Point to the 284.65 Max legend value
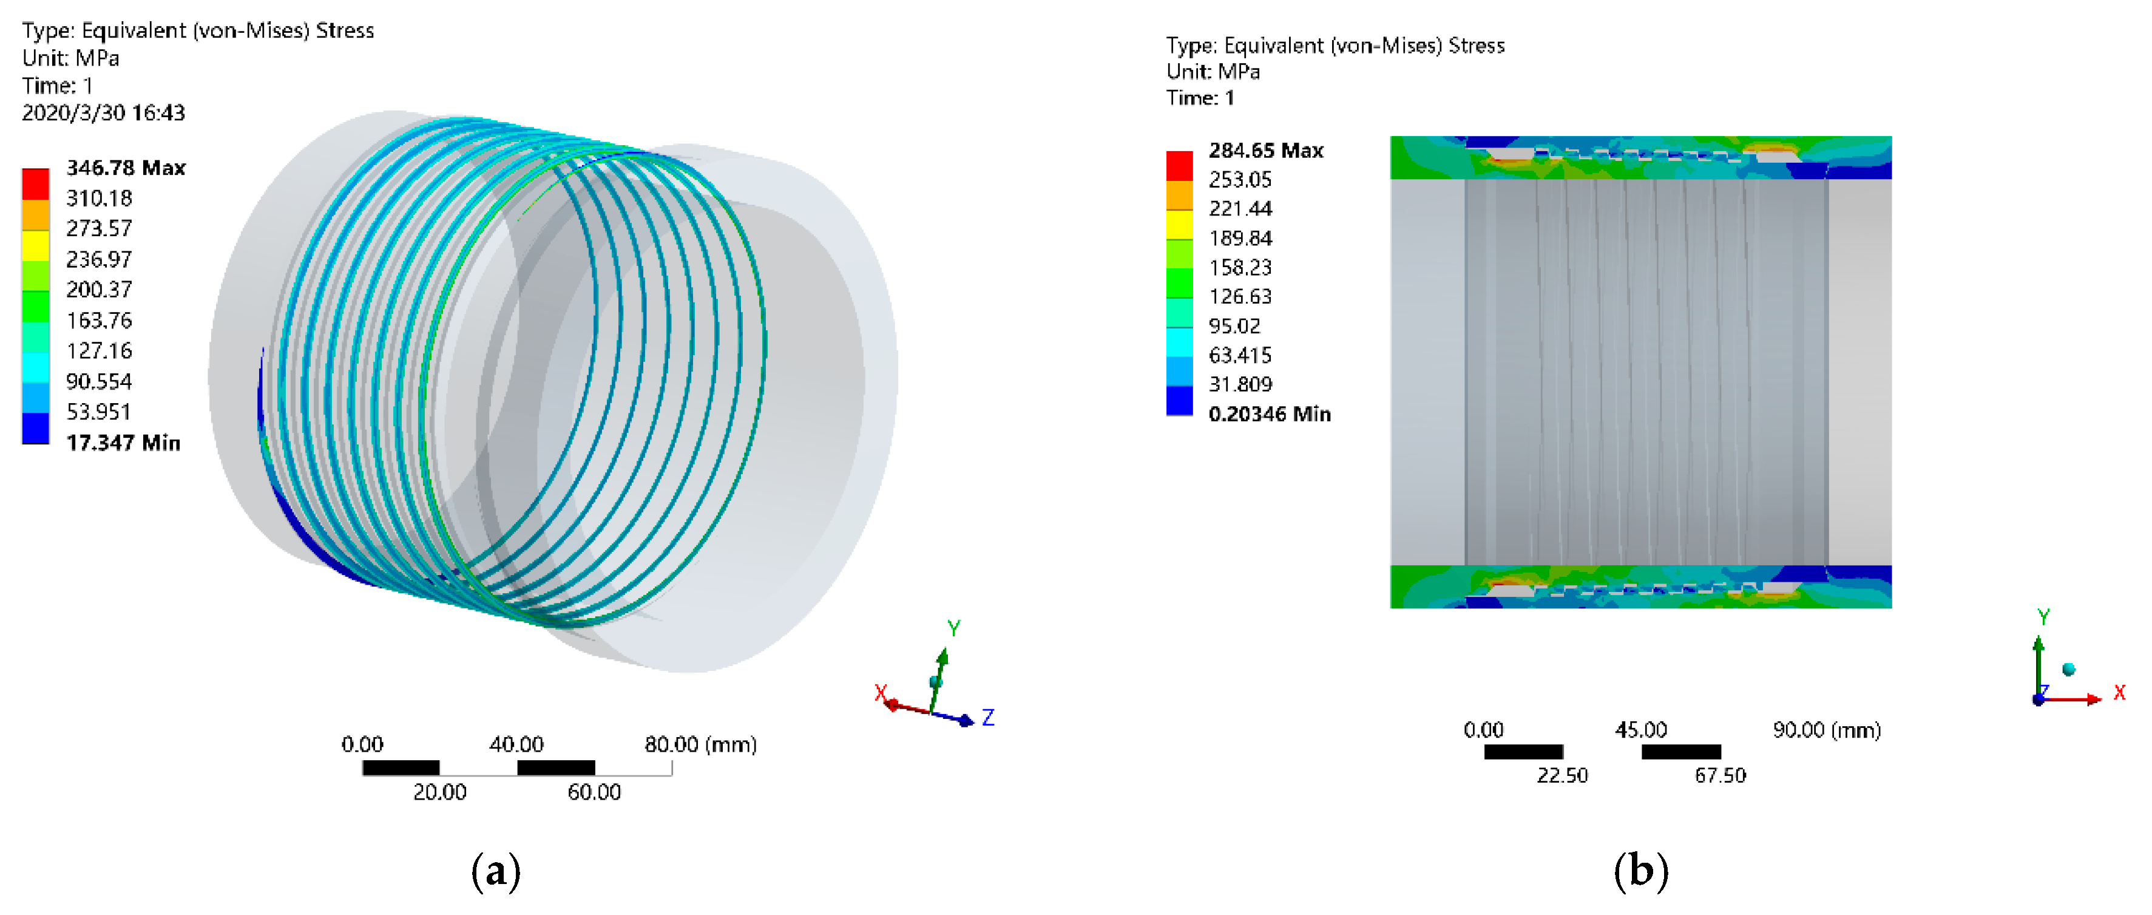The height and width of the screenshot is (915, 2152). click(x=1265, y=151)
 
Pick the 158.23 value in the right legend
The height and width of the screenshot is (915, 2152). click(x=1240, y=267)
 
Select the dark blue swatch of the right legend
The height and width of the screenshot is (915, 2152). click(x=1179, y=400)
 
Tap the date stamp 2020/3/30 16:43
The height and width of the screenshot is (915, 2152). click(x=104, y=113)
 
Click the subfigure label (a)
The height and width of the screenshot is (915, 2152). click(x=496, y=871)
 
